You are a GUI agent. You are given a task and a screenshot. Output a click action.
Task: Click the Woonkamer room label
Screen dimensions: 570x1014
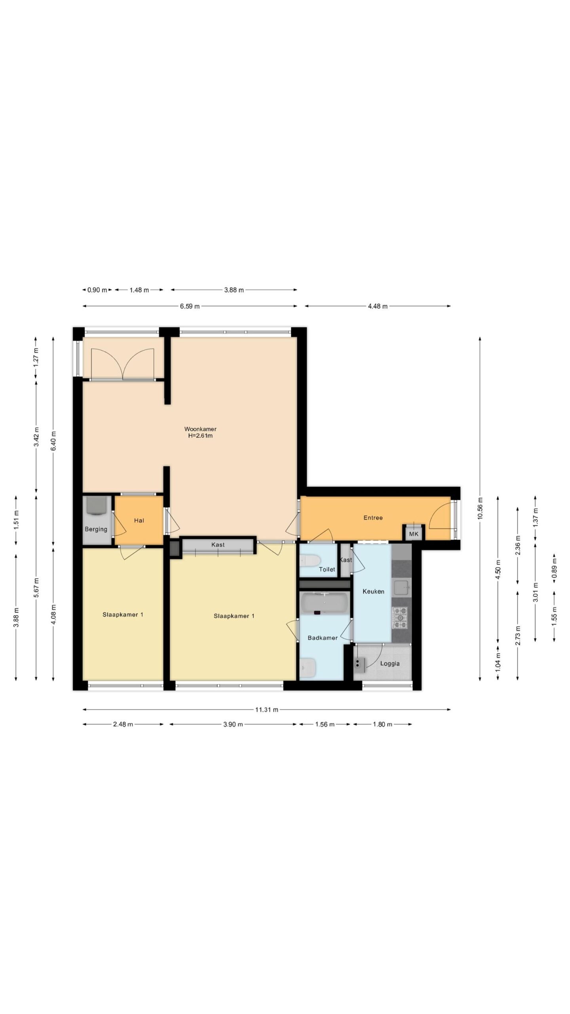tap(200, 429)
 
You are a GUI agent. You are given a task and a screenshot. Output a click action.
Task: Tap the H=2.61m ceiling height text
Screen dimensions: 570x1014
tap(200, 436)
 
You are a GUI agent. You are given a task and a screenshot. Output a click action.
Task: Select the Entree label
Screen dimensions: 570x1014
tap(373, 518)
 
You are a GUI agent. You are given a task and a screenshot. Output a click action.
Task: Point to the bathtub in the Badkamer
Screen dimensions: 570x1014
tap(324, 603)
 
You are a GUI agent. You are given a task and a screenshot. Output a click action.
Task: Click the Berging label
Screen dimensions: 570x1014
tap(96, 529)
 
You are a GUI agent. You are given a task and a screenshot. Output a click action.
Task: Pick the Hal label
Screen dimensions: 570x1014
tap(139, 520)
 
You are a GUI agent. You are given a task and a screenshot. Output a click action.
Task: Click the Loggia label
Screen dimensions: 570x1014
tap(390, 663)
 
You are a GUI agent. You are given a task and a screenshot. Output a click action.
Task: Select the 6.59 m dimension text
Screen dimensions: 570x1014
tap(190, 306)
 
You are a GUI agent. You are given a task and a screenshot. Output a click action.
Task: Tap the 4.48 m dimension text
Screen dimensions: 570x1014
tap(378, 306)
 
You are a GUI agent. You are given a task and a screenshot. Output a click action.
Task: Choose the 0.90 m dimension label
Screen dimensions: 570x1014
tap(97, 290)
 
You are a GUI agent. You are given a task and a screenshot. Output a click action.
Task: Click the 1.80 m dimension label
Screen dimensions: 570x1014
tap(382, 724)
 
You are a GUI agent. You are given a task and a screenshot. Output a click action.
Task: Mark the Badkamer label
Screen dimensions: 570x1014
tap(323, 638)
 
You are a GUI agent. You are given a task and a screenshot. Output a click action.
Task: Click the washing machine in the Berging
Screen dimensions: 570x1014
tap(96, 505)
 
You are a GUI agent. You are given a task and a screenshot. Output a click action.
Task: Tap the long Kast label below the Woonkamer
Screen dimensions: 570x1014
tap(218, 545)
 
